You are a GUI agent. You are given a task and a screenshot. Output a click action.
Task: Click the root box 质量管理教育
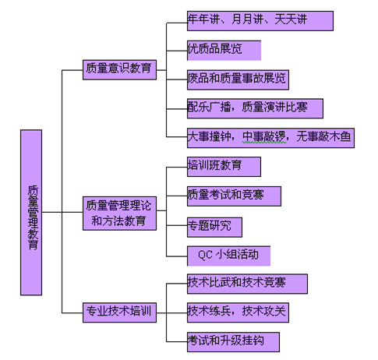pos(31,212)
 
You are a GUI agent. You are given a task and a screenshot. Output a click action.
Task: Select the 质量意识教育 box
pos(119,69)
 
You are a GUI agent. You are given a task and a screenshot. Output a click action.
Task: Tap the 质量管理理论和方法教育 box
pos(119,213)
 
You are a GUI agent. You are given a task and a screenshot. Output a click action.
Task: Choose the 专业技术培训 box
pos(119,313)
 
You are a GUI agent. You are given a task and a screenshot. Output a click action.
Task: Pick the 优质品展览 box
pos(223,50)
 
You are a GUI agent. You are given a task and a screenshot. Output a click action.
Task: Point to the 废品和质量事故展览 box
pos(238,79)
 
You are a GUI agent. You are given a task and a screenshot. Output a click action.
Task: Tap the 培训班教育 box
pos(223,166)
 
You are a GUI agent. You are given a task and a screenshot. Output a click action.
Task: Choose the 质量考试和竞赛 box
pos(233,196)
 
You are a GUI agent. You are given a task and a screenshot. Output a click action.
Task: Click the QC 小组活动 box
pos(228,256)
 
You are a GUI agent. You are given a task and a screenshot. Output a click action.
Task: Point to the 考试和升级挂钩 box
pos(232,341)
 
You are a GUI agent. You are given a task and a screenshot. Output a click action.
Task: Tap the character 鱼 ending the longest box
pos(346,138)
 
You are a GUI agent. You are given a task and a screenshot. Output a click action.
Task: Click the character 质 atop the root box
pos(32,189)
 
